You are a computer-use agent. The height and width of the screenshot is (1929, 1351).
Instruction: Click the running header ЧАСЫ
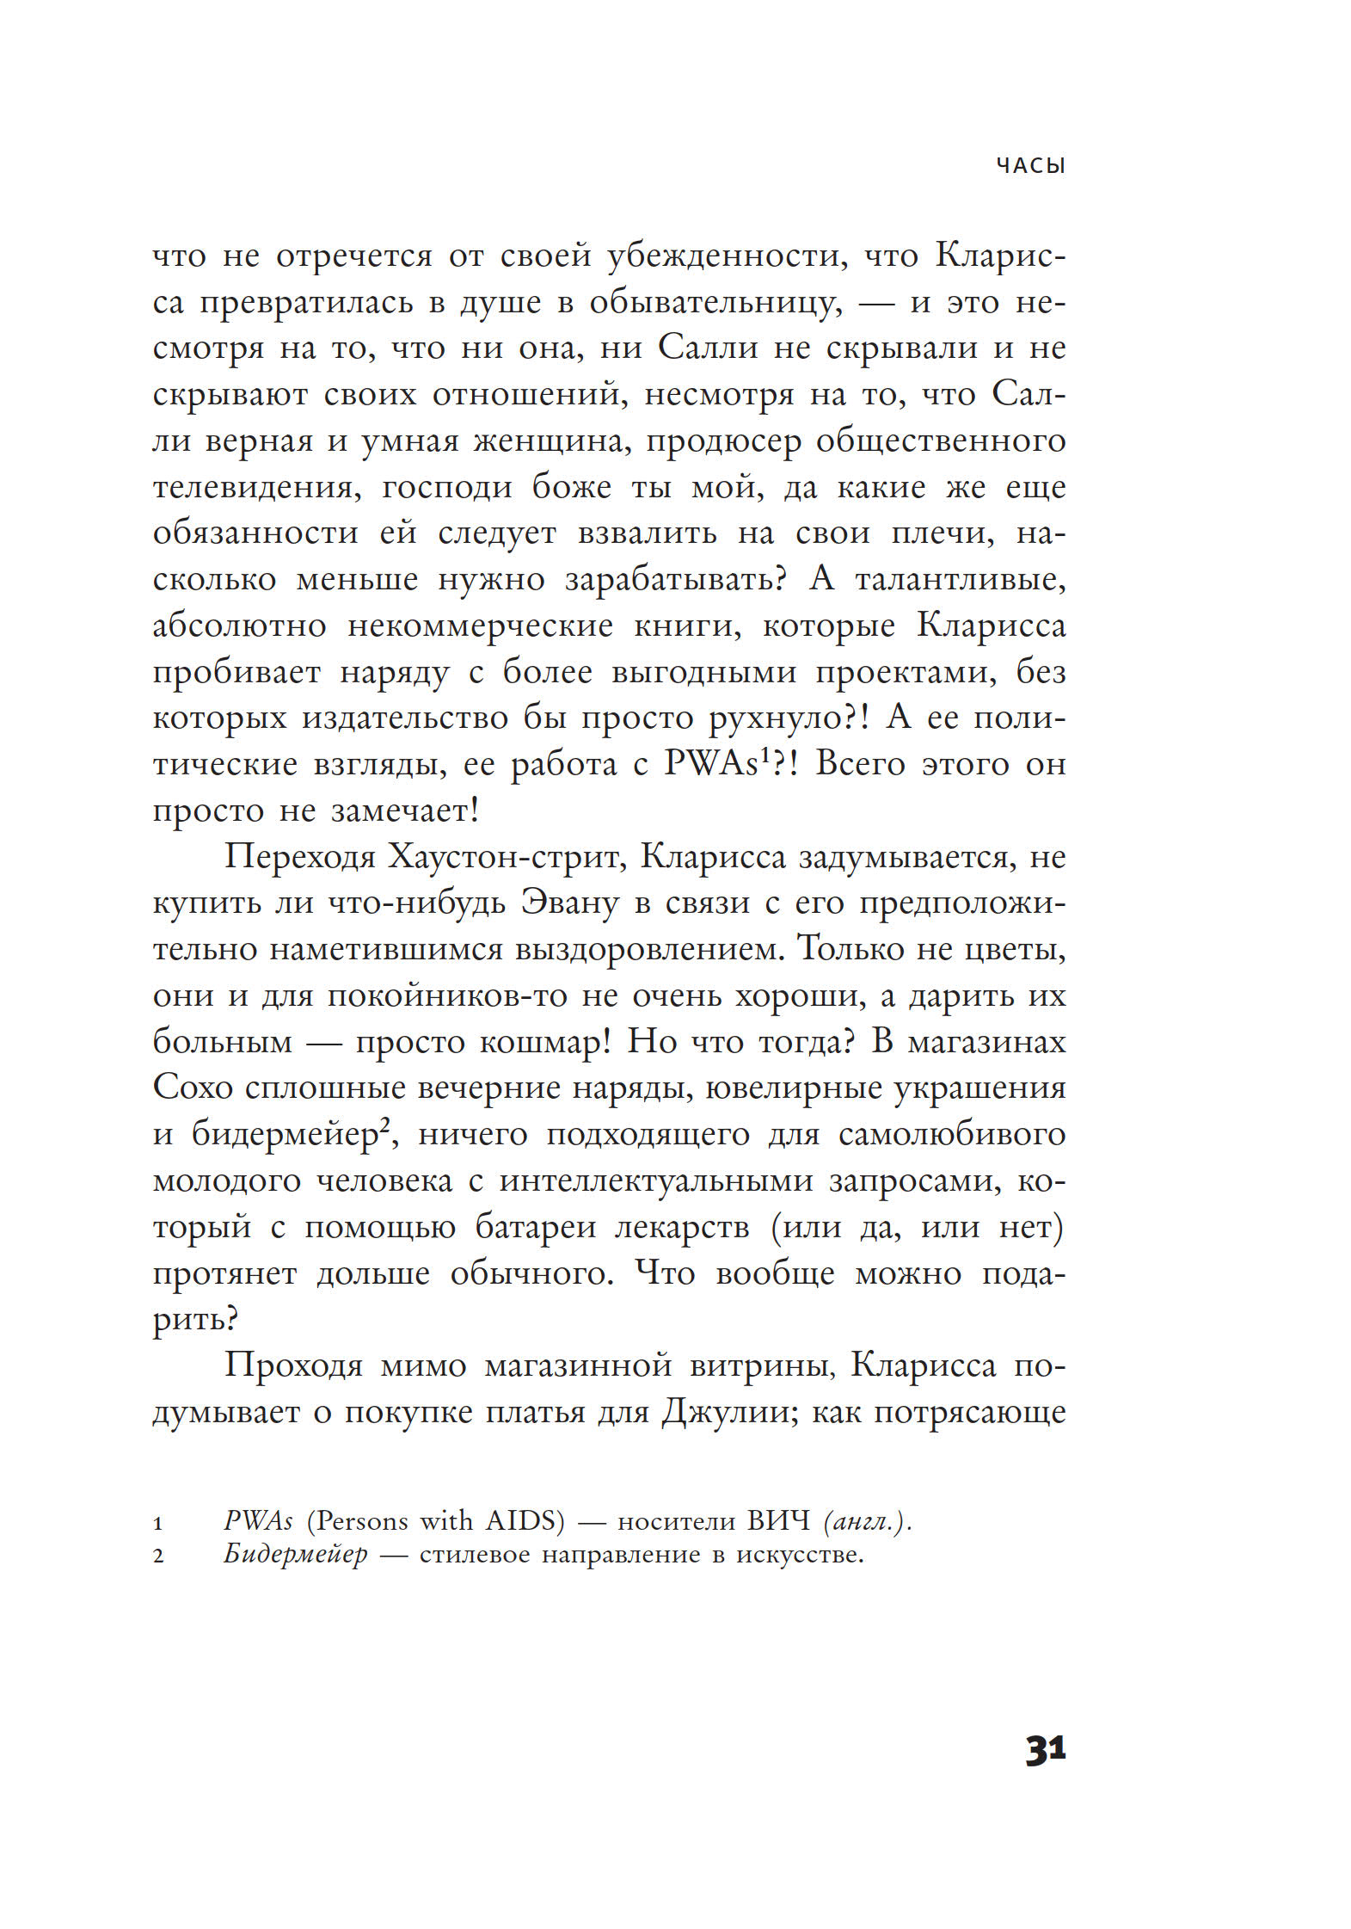point(1030,165)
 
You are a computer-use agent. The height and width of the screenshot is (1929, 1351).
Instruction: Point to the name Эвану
point(569,903)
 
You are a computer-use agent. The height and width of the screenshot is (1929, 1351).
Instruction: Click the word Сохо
point(193,1088)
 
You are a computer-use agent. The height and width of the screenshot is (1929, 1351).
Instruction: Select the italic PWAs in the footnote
point(258,1521)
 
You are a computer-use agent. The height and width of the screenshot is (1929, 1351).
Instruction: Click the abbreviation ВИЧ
point(778,1521)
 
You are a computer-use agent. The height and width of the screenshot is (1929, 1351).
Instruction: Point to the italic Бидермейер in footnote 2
point(295,1555)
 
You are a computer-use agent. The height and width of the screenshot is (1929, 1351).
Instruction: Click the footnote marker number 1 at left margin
point(158,1524)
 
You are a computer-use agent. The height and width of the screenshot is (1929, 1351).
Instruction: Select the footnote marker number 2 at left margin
point(158,1556)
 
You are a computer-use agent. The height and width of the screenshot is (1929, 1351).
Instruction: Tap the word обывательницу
point(715,303)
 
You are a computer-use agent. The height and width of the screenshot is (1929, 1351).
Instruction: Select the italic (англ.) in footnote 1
point(866,1521)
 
